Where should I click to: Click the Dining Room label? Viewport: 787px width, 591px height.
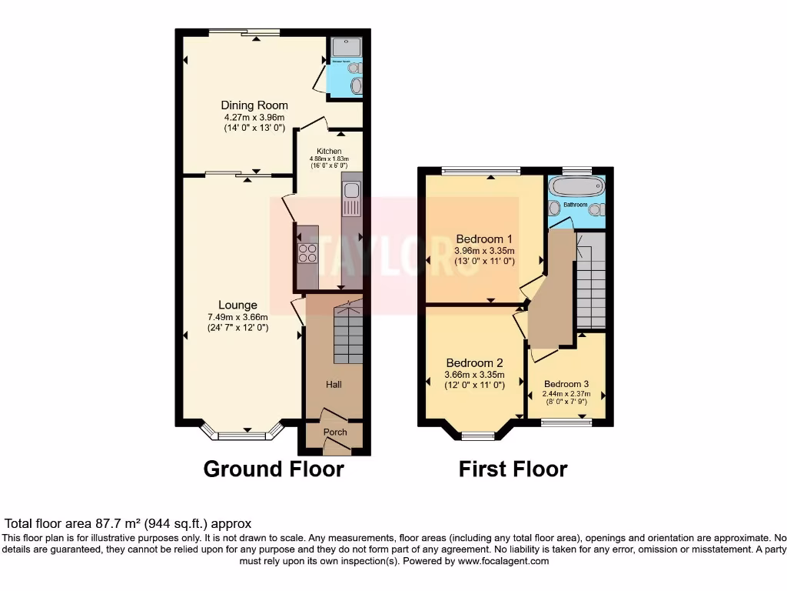tap(254, 105)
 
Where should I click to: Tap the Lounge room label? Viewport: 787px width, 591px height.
tap(237, 306)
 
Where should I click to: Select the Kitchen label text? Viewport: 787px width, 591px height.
tap(329, 152)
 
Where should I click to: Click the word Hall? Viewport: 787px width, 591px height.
tap(334, 385)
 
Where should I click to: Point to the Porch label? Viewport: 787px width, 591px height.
tap(335, 432)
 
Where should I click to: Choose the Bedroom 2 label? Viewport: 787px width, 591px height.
tap(474, 363)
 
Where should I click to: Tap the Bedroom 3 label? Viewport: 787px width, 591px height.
tap(566, 385)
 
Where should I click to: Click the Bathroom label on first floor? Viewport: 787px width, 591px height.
tap(575, 205)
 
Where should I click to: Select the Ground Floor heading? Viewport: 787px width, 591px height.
tap(274, 469)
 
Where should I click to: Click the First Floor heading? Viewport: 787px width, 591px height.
tap(513, 469)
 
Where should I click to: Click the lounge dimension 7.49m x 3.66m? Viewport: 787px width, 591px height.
tap(237, 317)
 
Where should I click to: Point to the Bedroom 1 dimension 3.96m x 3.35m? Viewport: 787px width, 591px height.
tap(484, 250)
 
